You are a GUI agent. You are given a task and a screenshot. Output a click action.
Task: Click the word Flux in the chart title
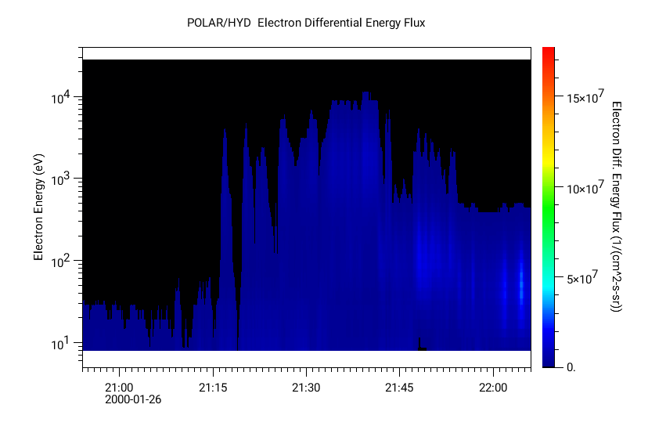point(412,23)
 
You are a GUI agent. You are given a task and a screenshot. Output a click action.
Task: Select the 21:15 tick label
point(212,388)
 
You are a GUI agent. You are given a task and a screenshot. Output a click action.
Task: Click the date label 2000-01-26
point(133,399)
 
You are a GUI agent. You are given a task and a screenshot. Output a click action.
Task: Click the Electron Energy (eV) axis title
point(38,207)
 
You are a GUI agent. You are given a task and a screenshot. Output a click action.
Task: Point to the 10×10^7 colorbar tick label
point(585,188)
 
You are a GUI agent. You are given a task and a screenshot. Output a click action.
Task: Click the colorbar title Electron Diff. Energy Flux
point(616,207)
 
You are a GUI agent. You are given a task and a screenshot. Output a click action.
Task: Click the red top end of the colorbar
point(549,52)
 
